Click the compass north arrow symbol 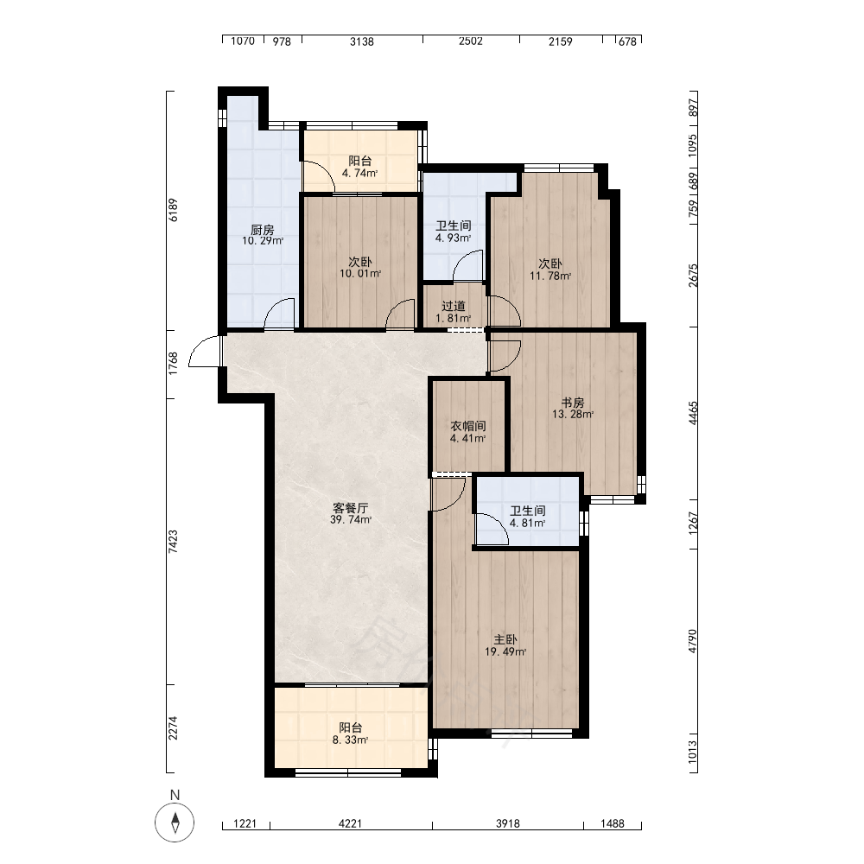tap(175, 823)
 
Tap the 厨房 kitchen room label tap(263, 230)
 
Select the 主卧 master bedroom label tap(505, 639)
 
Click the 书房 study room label tap(573, 403)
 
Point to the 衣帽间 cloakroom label tap(468, 427)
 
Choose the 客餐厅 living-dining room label tap(351, 507)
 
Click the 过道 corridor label tap(454, 307)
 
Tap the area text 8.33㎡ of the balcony tap(351, 740)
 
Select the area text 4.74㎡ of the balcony tap(359, 173)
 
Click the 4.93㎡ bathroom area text tap(454, 238)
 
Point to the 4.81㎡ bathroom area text tap(528, 523)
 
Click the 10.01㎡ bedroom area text tap(360, 273)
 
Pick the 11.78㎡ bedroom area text tap(550, 276)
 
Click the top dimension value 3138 tap(362, 41)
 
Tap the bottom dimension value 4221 tap(351, 823)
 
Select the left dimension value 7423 tap(173, 541)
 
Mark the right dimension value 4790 tap(693, 641)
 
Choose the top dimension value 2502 tap(471, 41)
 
